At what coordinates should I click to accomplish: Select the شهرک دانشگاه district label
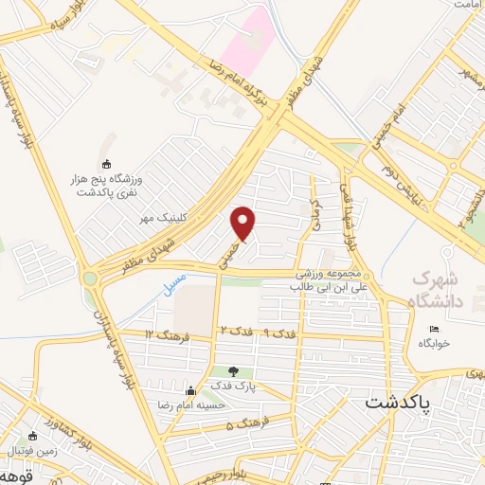[441, 291]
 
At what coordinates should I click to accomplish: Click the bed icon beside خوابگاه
[434, 330]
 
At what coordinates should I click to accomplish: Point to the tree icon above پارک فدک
[234, 370]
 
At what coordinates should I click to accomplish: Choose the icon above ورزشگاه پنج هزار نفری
[106, 163]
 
